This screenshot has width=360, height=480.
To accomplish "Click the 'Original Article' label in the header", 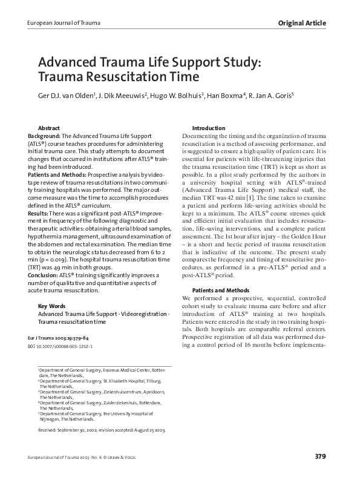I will coord(302,23).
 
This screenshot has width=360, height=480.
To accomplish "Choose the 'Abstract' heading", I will coord(49,129).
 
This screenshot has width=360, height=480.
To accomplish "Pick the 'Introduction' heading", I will coord(208,128).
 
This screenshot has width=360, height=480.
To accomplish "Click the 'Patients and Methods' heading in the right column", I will coord(220,291).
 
